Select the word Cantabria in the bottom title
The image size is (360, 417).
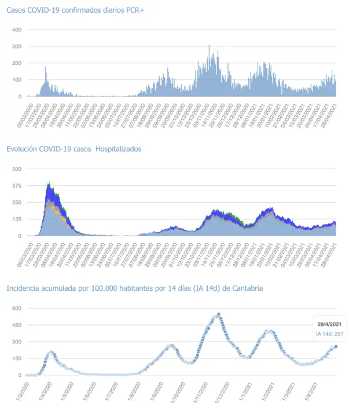[x=247, y=288]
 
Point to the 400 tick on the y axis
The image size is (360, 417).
[x=17, y=30]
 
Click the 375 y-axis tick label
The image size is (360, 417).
[x=17, y=185]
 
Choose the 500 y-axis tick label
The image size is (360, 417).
[x=17, y=169]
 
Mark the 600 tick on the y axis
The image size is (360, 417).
[x=17, y=308]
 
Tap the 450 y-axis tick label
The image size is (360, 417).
[x=17, y=325]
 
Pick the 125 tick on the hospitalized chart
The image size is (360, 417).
[x=17, y=219]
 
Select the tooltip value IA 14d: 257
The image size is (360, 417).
[x=329, y=334]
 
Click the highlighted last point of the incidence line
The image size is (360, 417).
[x=336, y=347]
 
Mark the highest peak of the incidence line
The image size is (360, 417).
[x=219, y=314]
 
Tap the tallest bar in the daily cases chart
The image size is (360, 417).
[x=209, y=46]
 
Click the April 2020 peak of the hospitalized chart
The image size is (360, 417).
[x=49, y=184]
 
